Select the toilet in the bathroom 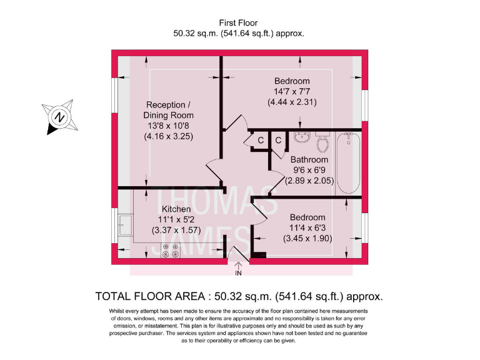click(323, 143)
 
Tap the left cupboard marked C click(260, 141)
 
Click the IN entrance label click(238, 272)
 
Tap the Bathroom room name click(309, 160)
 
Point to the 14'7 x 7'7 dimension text click(292, 91)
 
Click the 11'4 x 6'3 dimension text click(306, 228)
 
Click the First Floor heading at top click(239, 23)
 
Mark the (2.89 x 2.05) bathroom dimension click(309, 181)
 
